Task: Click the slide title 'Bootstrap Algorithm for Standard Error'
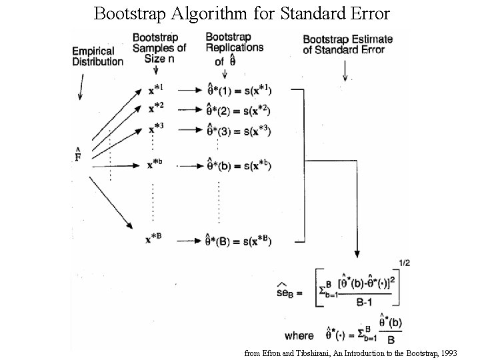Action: [x=241, y=13]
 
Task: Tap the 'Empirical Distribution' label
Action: [x=97, y=57]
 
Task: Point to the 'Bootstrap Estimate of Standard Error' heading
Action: [x=347, y=45]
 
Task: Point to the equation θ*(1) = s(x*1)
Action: [x=239, y=89]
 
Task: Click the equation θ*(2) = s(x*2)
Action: [x=239, y=110]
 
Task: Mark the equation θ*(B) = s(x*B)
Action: [x=239, y=241]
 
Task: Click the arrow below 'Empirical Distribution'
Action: [x=80, y=87]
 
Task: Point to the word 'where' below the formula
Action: [x=298, y=335]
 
